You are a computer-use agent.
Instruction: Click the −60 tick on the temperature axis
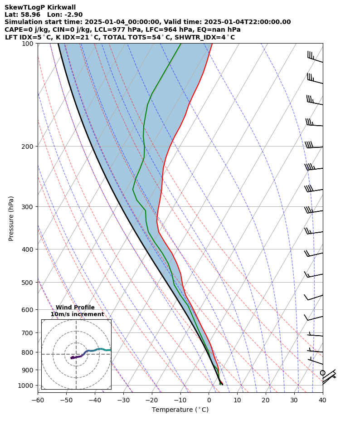pyautogui.click(x=38, y=400)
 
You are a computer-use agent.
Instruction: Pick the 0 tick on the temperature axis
pyautogui.click(x=209, y=400)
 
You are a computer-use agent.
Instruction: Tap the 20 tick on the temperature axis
pyautogui.click(x=266, y=400)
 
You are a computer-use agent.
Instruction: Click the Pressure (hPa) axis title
pyautogui.click(x=11, y=218)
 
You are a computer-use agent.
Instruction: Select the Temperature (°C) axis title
pyautogui.click(x=180, y=410)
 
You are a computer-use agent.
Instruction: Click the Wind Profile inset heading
pyautogui.click(x=75, y=308)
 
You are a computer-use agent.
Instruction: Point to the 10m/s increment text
pyautogui.click(x=77, y=314)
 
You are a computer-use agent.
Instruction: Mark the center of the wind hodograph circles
pyautogui.click(x=76, y=354)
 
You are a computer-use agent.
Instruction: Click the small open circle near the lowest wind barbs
pyautogui.click(x=322, y=373)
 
